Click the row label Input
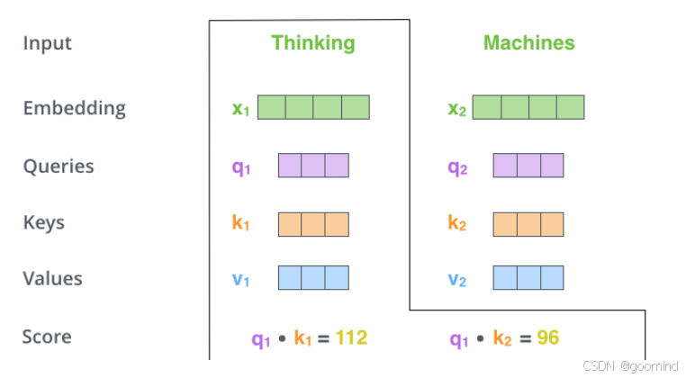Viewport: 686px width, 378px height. tap(47, 43)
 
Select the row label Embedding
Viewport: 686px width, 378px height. tap(74, 108)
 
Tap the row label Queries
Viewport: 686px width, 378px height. tap(58, 166)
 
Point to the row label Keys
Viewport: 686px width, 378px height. tap(43, 222)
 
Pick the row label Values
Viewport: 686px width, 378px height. tap(52, 279)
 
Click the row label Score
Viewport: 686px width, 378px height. tap(47, 337)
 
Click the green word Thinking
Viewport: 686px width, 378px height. tap(313, 43)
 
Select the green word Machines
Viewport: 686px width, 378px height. tap(528, 43)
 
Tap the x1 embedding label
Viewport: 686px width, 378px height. tap(240, 109)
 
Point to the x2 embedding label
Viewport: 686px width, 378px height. tap(456, 109)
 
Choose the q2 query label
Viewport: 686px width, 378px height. tap(457, 167)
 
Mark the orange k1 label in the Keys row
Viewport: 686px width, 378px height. tap(240, 223)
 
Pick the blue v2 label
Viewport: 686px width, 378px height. tap(457, 280)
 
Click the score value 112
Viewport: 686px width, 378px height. tap(351, 338)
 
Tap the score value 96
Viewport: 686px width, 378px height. tap(548, 338)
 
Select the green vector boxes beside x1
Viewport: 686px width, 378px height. tap(313, 107)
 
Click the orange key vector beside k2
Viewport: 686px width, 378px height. tap(528, 224)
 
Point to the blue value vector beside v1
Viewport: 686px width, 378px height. tap(313, 277)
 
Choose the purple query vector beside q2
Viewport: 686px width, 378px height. tap(528, 166)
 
